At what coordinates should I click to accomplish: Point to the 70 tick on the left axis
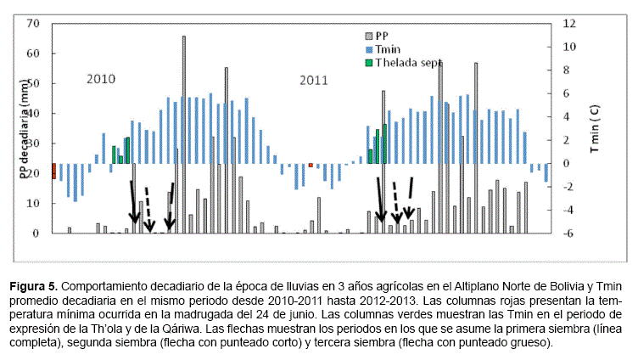pos(35,23)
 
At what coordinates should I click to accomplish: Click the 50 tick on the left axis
pos(35,83)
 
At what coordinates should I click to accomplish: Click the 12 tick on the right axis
pos(570,23)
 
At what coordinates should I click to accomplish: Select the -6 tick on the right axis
pos(570,233)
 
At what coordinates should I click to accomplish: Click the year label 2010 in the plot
pos(100,79)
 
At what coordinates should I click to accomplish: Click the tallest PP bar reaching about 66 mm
pos(183,136)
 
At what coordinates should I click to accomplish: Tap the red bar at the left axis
pos(53,171)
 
